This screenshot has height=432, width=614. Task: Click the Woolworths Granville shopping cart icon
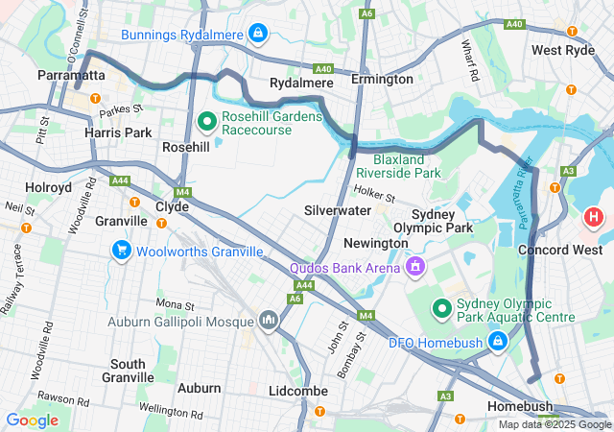(121, 252)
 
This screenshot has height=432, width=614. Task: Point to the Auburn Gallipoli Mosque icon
(268, 320)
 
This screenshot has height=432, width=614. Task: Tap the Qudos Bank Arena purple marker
(415, 266)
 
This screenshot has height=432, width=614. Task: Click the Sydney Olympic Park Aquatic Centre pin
(441, 308)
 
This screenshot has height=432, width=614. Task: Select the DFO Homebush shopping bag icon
(498, 342)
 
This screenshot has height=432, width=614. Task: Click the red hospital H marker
(594, 218)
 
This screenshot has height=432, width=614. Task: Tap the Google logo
(32, 420)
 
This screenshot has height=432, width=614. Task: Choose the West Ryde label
(563, 50)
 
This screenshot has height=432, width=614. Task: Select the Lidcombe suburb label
(298, 391)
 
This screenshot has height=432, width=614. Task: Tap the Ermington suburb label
(382, 79)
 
